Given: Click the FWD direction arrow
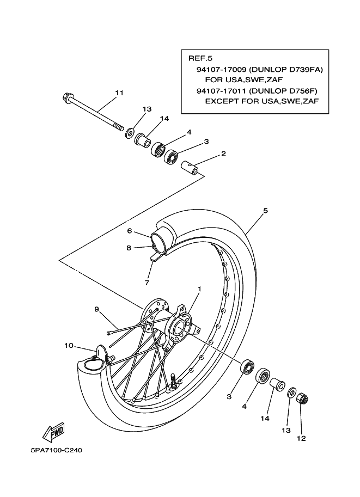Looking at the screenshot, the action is click(x=53, y=432).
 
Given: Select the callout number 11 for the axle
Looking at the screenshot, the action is click(x=119, y=93).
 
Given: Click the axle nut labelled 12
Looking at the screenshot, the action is click(x=303, y=398).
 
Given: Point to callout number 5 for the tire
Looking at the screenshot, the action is click(x=265, y=211).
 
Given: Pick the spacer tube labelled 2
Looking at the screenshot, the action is click(x=190, y=167).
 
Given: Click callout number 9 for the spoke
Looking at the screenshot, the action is click(x=97, y=309).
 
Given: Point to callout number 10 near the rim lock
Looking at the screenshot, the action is click(x=69, y=346).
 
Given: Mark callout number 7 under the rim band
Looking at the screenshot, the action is click(x=147, y=283).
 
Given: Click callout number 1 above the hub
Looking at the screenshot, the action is click(x=199, y=289).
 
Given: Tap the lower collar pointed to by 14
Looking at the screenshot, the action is click(x=277, y=384).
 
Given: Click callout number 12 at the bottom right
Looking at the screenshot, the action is click(x=301, y=438).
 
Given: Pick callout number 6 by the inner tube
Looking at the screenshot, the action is click(x=130, y=231).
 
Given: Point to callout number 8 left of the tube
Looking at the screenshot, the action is click(x=129, y=248).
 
